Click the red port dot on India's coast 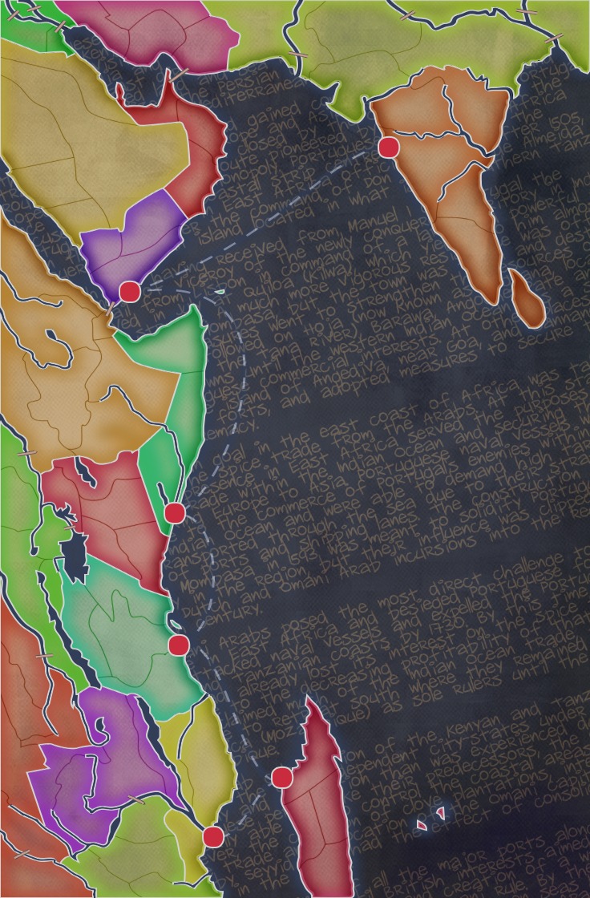click(x=389, y=147)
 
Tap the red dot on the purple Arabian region click(x=129, y=291)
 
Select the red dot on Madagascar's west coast click(x=281, y=777)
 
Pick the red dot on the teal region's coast click(x=179, y=645)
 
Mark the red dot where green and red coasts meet click(x=174, y=512)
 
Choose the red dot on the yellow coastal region click(x=212, y=837)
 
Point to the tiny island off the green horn click(x=220, y=291)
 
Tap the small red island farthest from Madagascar click(x=440, y=812)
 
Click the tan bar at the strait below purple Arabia click(x=111, y=308)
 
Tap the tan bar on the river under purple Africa click(x=137, y=799)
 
